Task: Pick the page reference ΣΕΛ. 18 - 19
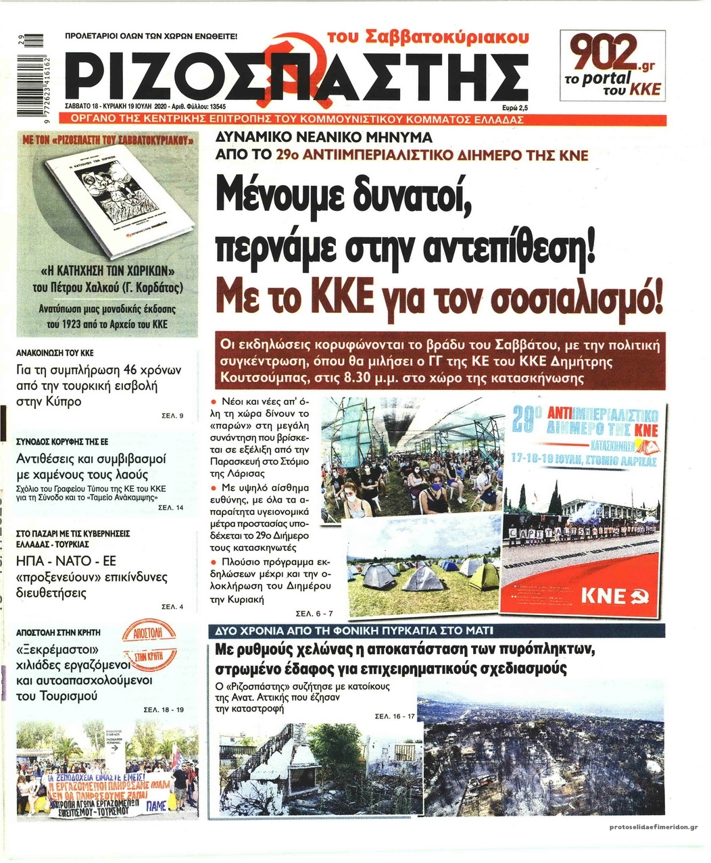pos(164,710)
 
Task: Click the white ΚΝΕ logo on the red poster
pos(612,595)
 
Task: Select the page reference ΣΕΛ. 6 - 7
pos(314,614)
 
